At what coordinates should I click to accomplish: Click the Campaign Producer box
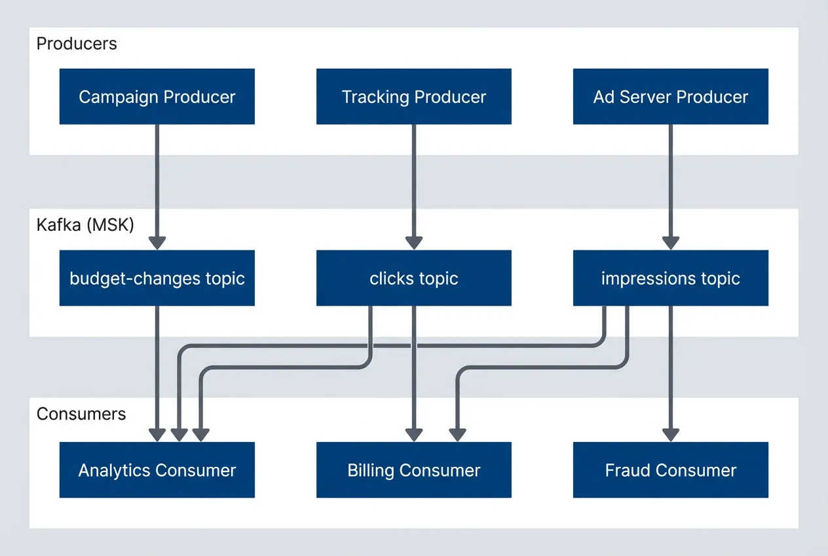(157, 97)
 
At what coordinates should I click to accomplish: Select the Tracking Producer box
(413, 97)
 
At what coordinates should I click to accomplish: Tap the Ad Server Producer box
(670, 97)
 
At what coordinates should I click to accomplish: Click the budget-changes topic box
(157, 278)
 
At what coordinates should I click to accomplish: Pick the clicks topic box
(413, 278)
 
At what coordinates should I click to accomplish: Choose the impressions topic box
(670, 278)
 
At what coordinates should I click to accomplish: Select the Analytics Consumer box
(157, 470)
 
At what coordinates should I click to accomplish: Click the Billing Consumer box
(413, 470)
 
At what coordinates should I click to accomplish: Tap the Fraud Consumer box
(670, 470)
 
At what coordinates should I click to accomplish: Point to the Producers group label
(77, 44)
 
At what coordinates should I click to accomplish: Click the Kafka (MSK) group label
(85, 226)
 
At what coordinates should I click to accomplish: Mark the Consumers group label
(81, 414)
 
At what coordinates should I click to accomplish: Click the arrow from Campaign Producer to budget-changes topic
(157, 184)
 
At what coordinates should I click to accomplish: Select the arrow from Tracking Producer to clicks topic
(413, 184)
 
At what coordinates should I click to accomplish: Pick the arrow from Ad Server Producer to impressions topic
(670, 184)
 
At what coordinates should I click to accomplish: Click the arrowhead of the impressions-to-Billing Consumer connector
(457, 435)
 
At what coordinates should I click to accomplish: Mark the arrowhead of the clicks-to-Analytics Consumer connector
(200, 435)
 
